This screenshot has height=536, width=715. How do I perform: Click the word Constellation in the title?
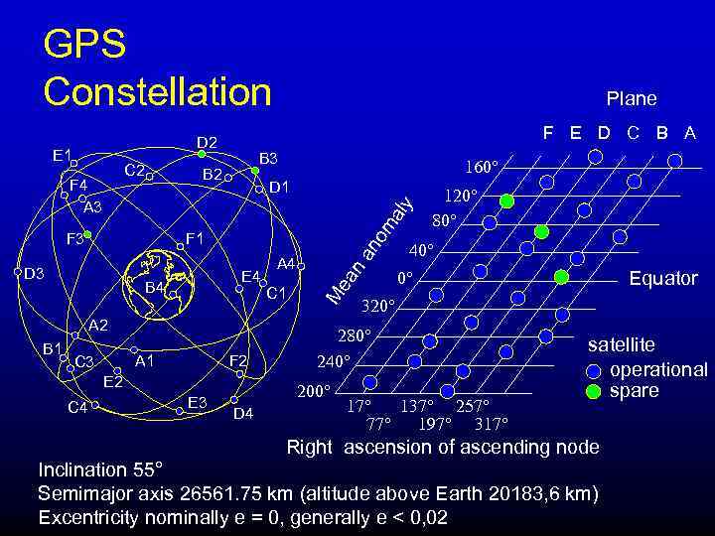[x=158, y=91]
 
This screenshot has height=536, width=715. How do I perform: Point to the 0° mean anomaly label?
[x=404, y=278]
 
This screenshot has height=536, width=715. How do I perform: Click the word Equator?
[x=662, y=278]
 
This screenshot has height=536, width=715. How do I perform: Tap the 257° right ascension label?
[x=473, y=406]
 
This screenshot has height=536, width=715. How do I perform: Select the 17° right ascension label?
[x=358, y=406]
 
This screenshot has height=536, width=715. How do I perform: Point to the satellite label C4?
[x=76, y=406]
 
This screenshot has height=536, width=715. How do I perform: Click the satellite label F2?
[x=238, y=360]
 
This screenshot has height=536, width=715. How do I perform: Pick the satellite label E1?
[x=63, y=155]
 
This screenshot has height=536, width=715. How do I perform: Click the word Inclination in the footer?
[x=81, y=469]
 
